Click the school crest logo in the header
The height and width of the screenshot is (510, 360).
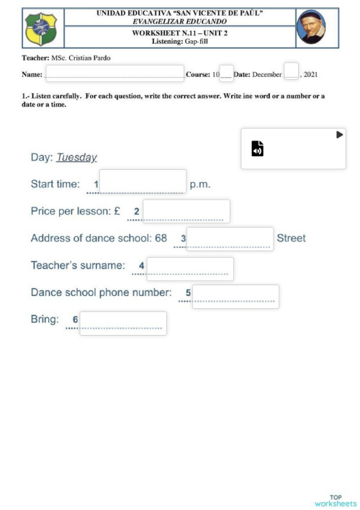(40, 29)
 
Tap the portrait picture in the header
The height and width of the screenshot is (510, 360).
(311, 27)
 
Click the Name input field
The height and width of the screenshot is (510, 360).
(114, 73)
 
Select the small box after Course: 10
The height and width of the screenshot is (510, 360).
(226, 73)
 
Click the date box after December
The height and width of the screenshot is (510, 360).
(291, 71)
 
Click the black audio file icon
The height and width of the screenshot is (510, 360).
(257, 148)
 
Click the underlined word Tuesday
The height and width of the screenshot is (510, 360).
(76, 158)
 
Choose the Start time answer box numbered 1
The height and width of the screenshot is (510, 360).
(143, 182)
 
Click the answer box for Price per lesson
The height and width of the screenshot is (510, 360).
(186, 211)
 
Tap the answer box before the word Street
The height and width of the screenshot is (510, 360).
(230, 238)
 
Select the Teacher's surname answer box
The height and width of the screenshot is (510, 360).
(190, 268)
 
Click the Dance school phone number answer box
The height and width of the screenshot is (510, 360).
(235, 296)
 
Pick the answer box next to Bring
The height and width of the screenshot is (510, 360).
(122, 323)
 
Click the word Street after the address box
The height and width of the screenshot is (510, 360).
(291, 238)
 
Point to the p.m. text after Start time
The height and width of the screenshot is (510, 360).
(199, 184)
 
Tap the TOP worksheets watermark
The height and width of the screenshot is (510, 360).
(336, 501)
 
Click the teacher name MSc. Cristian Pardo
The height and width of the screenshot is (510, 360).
(81, 58)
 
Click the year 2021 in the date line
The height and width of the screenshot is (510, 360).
(310, 74)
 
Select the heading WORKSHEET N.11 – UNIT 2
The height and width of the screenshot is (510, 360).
(179, 34)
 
